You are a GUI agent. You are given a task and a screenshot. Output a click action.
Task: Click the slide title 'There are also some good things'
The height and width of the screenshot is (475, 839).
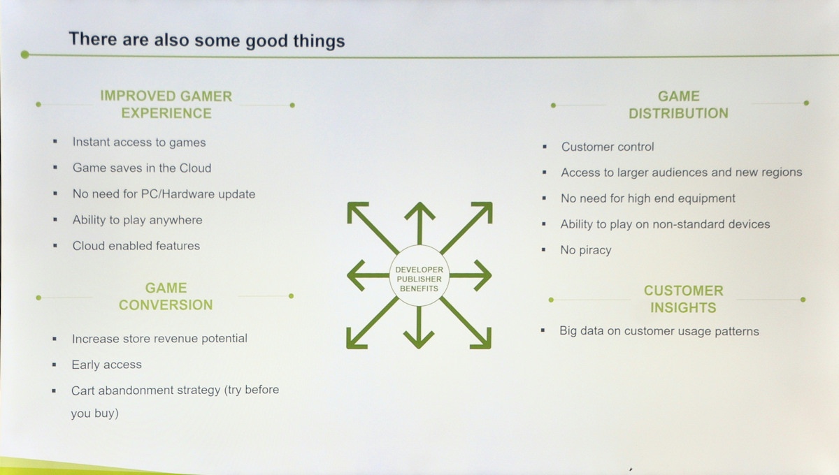(207, 40)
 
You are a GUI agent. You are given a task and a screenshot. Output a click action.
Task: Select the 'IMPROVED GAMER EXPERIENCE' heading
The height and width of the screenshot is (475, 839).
(166, 105)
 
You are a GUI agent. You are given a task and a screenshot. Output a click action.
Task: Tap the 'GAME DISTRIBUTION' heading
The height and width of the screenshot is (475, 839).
(678, 105)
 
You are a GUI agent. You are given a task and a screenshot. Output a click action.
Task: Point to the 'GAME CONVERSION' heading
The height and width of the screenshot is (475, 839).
(166, 296)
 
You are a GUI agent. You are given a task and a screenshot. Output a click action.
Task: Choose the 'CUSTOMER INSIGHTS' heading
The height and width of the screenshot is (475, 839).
(683, 299)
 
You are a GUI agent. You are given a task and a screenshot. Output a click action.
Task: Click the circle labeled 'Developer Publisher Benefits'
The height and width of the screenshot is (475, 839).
(419, 276)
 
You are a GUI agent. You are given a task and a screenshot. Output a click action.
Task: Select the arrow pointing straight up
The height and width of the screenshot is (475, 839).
(419, 224)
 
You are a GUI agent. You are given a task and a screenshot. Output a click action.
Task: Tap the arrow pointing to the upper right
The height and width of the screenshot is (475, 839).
(466, 228)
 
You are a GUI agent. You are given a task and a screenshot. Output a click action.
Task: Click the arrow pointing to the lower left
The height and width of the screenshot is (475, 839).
(372, 323)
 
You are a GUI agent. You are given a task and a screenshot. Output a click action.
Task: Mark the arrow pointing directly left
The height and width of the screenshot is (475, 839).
(368, 275)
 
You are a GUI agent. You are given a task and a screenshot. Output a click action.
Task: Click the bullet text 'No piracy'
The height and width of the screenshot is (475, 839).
(586, 250)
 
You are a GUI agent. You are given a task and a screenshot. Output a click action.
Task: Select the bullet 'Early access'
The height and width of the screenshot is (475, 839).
(107, 365)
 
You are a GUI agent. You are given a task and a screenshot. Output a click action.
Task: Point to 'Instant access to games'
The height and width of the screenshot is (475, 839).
(139, 142)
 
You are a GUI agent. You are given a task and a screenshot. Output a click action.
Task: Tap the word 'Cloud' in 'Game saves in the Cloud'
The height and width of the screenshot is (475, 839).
(195, 168)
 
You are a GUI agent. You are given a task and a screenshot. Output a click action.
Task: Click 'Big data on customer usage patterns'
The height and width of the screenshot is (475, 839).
(659, 331)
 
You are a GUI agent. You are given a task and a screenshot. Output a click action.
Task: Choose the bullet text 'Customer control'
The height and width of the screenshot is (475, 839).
(608, 147)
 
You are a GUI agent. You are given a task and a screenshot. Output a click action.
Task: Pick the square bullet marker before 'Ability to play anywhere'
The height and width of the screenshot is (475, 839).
(55, 219)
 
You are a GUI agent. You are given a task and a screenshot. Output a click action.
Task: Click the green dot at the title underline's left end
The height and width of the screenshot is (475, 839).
(25, 54)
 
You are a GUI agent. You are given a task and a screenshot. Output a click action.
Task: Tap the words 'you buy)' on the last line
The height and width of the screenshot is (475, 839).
(95, 414)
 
